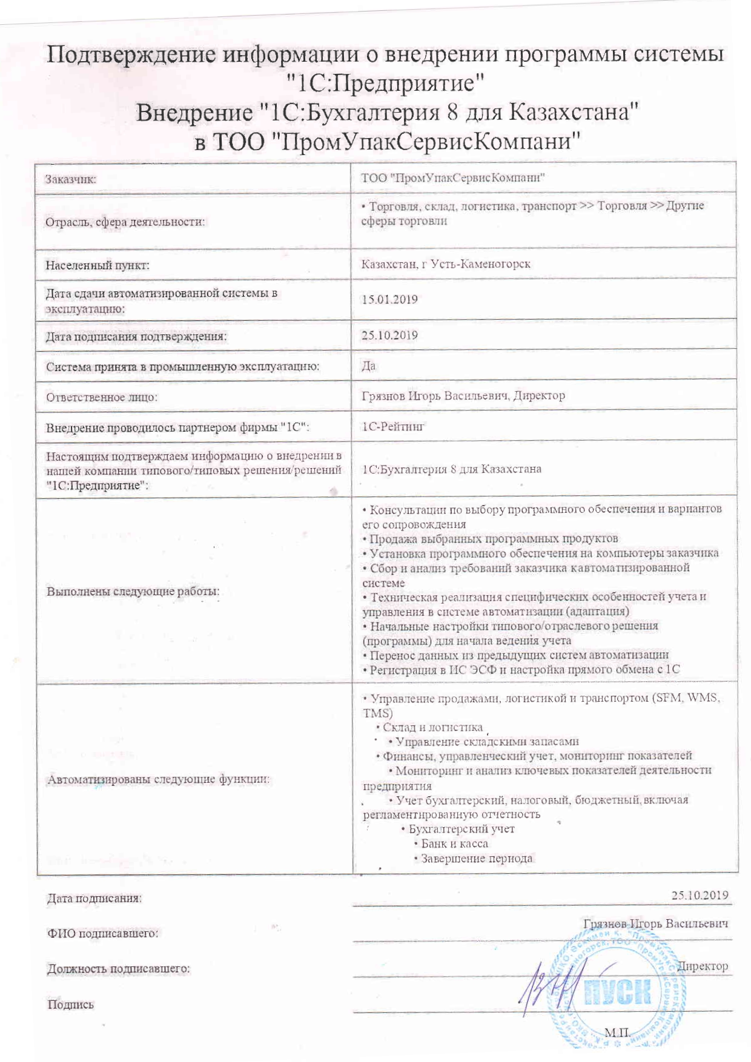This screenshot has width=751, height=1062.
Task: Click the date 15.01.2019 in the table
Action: (389, 299)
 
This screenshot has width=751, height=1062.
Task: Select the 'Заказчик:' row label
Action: (71, 179)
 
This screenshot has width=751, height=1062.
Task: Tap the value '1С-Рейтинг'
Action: (393, 426)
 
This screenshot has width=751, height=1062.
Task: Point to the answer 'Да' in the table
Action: (368, 366)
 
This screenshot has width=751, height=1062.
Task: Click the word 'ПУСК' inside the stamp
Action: (617, 992)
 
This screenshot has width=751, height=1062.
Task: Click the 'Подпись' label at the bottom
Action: (71, 1004)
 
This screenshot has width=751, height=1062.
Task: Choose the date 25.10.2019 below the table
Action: (700, 895)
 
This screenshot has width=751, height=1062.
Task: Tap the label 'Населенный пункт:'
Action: (98, 265)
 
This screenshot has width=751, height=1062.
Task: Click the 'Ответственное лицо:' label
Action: (102, 397)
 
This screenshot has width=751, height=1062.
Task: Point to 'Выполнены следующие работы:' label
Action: (133, 591)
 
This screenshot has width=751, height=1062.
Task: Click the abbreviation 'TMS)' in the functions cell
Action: (378, 713)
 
